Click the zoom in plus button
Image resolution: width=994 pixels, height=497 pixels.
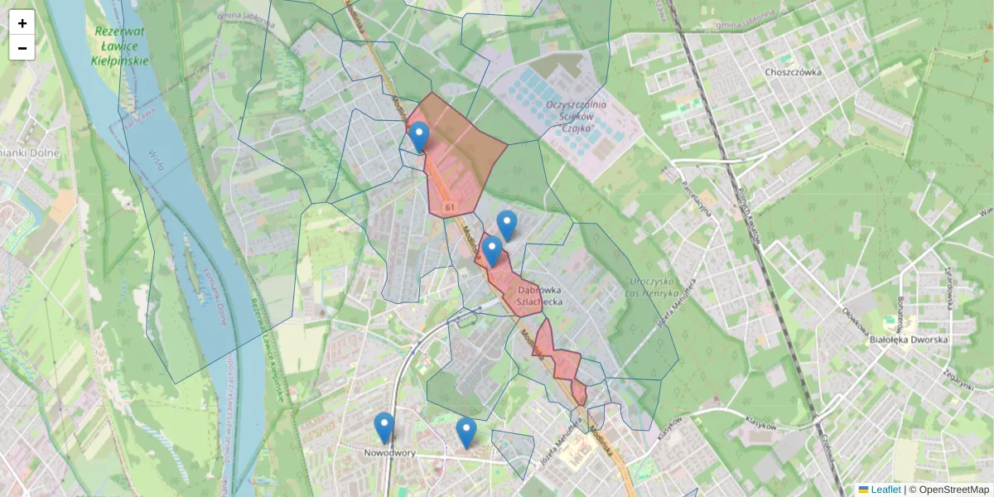[x=22, y=23]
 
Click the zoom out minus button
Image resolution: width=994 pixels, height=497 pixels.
[x=22, y=48]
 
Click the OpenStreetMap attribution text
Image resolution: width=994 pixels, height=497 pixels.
[x=953, y=490]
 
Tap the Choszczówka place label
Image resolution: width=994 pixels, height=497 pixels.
[x=793, y=72]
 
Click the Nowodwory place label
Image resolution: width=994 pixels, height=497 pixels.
[x=389, y=453]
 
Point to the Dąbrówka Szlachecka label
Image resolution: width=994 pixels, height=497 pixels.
[x=540, y=297]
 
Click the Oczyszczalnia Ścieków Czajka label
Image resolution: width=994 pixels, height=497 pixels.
[x=577, y=117]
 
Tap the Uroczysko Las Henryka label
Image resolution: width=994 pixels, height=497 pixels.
[x=654, y=282]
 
